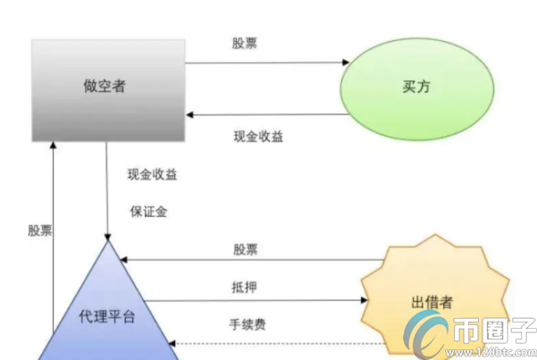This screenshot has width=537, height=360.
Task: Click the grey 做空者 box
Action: click(108, 89)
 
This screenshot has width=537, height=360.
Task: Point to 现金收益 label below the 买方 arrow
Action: click(259, 137)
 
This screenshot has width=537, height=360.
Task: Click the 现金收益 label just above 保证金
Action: click(152, 174)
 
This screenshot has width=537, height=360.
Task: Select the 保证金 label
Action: click(147, 212)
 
